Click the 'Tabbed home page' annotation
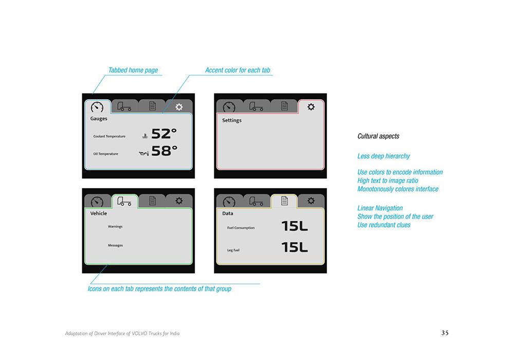click(x=133, y=70)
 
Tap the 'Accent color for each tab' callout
click(x=237, y=70)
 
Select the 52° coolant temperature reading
click(x=164, y=134)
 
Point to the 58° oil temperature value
click(x=164, y=151)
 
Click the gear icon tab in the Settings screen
click(x=311, y=107)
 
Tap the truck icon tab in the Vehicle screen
click(x=124, y=201)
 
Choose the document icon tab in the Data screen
click(x=284, y=201)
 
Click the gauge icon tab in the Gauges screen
click(x=97, y=107)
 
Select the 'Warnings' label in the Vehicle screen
click(x=115, y=227)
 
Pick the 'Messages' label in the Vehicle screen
click(x=115, y=245)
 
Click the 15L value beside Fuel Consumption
click(x=295, y=226)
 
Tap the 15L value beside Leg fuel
click(x=295, y=247)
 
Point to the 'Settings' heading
click(x=232, y=120)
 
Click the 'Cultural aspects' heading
click(x=378, y=136)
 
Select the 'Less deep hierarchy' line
click(x=383, y=156)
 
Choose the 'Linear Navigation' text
click(x=380, y=208)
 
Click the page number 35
click(x=445, y=333)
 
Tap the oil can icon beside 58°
click(x=143, y=153)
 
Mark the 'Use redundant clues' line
click(x=384, y=225)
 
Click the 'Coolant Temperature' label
click(x=109, y=136)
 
